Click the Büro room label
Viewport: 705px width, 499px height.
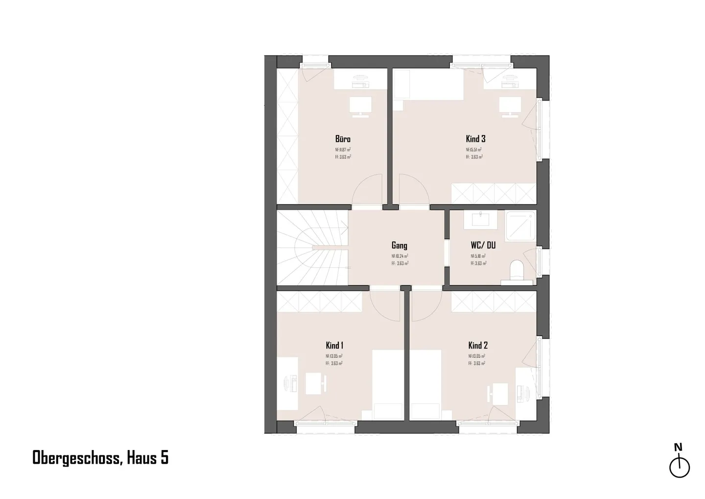coord(343,139)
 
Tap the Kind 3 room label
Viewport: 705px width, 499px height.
coord(475,139)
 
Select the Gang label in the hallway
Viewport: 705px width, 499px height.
coord(399,245)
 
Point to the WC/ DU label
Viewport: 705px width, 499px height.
coord(483,245)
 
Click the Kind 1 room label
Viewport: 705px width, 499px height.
coord(334,345)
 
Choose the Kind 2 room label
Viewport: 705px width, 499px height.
coord(478,345)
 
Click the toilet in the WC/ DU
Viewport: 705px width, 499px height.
coord(517,270)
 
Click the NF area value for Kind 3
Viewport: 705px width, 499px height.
coord(474,150)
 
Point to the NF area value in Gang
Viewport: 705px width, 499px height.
coord(399,256)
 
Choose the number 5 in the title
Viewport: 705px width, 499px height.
coord(164,458)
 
